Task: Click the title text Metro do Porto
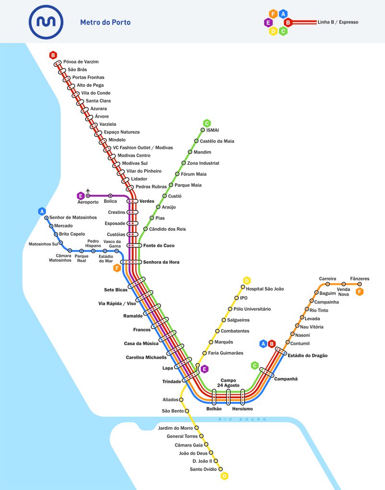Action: point(105,22)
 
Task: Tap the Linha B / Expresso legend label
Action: point(338,22)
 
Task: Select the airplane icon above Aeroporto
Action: point(88,190)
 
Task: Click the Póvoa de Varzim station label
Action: point(81,62)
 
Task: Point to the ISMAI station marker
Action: point(203,130)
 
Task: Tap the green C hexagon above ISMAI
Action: point(207,123)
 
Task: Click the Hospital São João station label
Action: point(265,289)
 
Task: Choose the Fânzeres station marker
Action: point(360,284)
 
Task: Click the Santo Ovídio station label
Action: point(203,469)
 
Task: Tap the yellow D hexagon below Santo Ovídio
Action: point(224,476)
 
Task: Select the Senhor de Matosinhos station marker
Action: point(47,218)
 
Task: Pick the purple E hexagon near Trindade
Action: point(205,369)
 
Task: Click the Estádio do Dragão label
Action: point(307,356)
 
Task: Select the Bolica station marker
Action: point(110,196)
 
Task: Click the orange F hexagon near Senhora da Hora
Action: point(117,268)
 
